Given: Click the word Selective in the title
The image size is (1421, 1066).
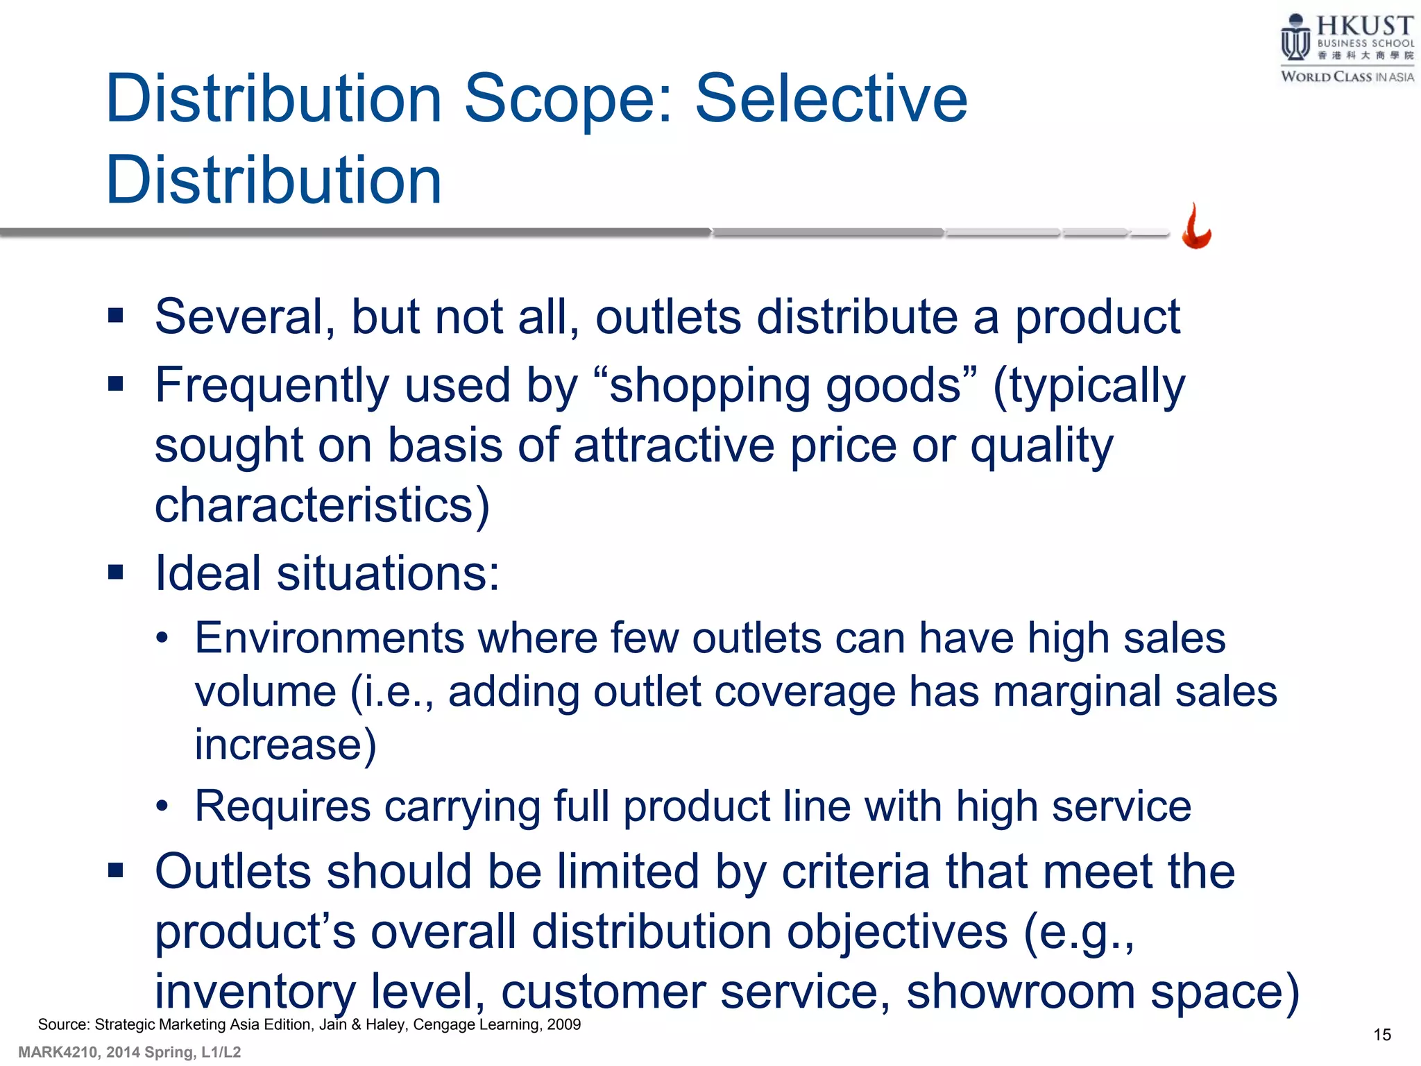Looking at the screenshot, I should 831,99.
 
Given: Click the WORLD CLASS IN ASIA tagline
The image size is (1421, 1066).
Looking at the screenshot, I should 1347,77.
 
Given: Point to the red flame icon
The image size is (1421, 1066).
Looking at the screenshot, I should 1197,228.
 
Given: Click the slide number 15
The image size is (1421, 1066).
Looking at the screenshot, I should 1382,1035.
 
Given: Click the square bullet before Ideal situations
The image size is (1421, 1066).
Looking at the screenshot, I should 116,573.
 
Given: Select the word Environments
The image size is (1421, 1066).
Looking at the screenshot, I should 329,638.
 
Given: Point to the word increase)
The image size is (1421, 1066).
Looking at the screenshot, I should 285,745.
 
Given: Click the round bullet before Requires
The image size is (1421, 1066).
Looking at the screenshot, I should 162,806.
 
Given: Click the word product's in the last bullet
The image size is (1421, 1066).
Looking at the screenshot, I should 255,932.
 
